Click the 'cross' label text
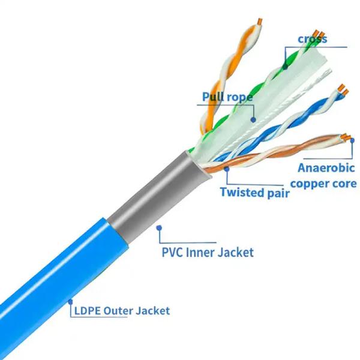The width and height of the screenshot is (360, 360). click(x=312, y=39)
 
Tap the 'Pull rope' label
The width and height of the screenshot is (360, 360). click(x=227, y=97)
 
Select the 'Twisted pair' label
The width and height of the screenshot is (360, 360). click(x=255, y=192)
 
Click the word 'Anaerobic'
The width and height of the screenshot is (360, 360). click(x=326, y=168)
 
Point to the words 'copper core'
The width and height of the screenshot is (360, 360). click(x=323, y=184)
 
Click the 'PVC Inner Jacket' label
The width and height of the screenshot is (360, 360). click(x=208, y=252)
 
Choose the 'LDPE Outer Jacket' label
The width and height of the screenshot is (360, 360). click(x=122, y=311)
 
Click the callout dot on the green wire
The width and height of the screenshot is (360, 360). click(x=285, y=67)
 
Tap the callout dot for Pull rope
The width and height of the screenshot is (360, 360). click(x=253, y=119)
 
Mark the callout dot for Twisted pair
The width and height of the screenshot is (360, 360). click(x=227, y=169)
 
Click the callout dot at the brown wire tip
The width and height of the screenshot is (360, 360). click(x=352, y=140)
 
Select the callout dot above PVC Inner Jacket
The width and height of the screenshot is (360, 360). click(x=159, y=228)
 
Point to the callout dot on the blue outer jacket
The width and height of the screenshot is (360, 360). click(x=70, y=302)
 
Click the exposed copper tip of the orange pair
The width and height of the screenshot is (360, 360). click(x=260, y=22)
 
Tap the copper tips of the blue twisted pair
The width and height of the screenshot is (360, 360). click(x=343, y=90)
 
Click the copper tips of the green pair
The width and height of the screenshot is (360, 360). click(x=319, y=34)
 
